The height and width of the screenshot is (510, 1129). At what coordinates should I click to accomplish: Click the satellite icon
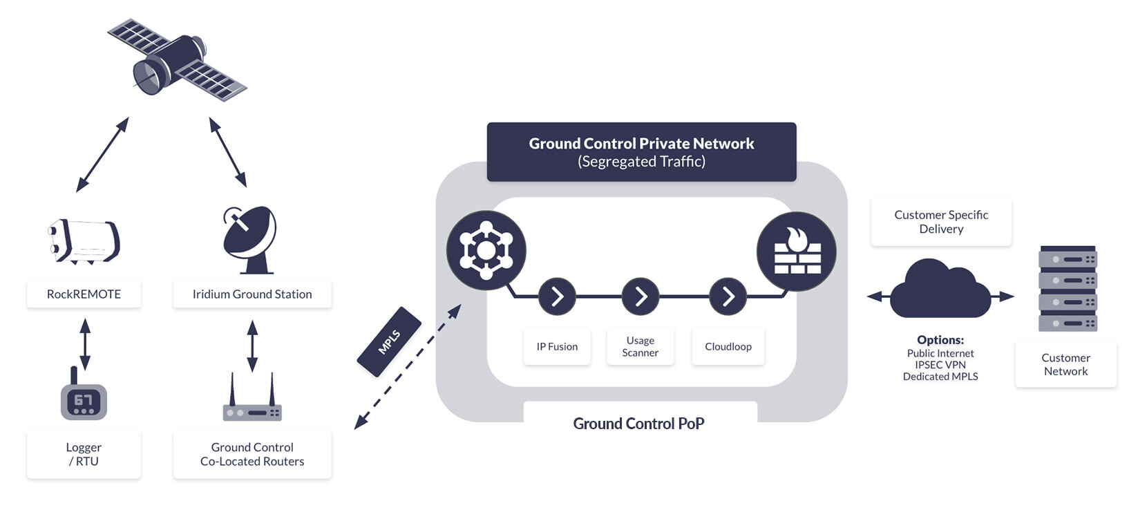pos(176,61)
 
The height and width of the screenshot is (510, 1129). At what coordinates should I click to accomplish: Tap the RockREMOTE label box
pos(84,294)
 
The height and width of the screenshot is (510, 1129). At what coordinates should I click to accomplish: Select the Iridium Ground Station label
pos(252,294)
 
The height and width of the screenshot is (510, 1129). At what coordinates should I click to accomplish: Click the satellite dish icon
pos(249,239)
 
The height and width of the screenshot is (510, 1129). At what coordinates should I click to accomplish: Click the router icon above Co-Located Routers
pos(252,404)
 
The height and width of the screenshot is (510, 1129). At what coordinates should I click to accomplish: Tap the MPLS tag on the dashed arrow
pos(389,342)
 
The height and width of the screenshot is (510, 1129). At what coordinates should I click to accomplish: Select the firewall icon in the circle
pos(797,252)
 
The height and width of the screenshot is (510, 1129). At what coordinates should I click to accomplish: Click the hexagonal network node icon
pos(486,250)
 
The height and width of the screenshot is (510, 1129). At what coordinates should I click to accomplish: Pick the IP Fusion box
pos(557,347)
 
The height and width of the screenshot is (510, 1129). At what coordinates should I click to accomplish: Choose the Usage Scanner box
pos(640,346)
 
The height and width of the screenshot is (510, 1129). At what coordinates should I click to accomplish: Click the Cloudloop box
pos(728,347)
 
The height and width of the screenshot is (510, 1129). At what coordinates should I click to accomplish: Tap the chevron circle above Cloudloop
pos(728,296)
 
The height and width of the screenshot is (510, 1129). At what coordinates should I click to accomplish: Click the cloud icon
pos(940,290)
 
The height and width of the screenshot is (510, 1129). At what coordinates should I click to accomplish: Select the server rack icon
pos(1068,288)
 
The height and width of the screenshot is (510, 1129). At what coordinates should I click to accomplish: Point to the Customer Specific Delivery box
pos(941,222)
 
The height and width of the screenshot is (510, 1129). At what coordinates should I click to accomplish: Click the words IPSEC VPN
pos(940,365)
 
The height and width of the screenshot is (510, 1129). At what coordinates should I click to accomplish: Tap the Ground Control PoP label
pos(638,424)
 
